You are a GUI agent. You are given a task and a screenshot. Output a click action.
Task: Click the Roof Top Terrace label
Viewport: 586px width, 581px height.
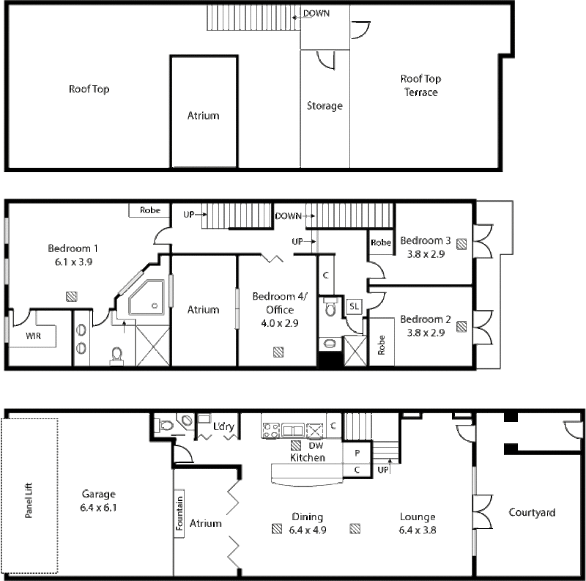click(x=420, y=86)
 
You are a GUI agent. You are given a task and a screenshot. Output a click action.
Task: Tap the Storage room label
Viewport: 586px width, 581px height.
click(x=324, y=106)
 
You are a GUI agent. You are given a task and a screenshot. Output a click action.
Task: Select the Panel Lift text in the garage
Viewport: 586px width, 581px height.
click(x=29, y=500)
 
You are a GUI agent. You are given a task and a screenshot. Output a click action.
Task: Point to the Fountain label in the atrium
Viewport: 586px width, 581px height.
click(x=179, y=513)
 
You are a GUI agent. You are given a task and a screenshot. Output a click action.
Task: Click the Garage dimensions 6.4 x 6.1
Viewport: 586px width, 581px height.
click(x=98, y=508)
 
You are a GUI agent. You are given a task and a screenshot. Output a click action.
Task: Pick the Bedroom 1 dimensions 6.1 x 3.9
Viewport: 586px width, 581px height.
click(x=74, y=262)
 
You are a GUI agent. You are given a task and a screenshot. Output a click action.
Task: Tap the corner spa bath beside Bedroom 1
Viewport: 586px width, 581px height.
click(x=146, y=297)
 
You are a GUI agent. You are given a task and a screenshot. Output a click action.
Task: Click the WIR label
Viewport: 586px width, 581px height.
click(x=33, y=336)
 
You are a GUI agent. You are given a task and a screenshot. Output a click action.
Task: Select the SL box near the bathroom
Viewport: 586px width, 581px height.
click(x=354, y=306)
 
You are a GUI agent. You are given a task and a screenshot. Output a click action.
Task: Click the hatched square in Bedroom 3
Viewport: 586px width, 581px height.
click(x=462, y=244)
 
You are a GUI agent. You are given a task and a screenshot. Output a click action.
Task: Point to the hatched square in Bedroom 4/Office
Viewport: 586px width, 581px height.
click(x=278, y=352)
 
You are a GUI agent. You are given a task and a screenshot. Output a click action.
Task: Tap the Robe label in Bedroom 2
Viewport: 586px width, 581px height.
click(x=381, y=344)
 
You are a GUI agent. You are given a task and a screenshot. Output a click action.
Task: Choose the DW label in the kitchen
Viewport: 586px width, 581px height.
click(x=316, y=445)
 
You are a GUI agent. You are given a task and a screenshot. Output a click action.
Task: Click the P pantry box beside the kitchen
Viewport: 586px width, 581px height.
click(x=357, y=453)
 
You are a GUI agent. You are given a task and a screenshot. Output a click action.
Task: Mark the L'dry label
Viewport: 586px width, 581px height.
click(x=223, y=426)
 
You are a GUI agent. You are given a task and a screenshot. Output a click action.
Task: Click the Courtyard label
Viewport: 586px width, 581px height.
click(x=532, y=513)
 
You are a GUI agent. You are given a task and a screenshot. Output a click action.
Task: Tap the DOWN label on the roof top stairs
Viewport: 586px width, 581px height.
click(x=316, y=13)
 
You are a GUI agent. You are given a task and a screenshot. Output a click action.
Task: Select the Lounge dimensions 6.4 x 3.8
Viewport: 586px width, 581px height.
click(x=418, y=530)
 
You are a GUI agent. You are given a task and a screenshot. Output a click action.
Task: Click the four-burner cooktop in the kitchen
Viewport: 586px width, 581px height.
click(x=271, y=430)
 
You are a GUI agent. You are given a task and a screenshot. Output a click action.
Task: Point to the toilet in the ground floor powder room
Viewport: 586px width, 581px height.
click(x=166, y=425)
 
